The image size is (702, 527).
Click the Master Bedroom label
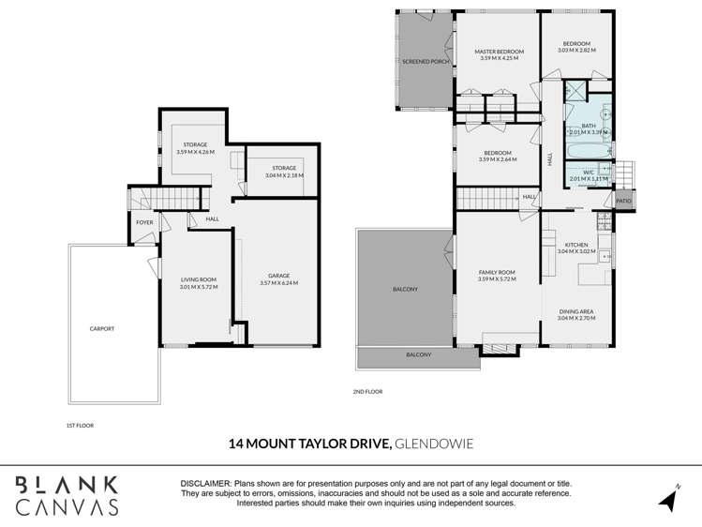coord(499,52)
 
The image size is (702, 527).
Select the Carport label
coord(102,329)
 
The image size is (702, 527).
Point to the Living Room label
coord(199,279)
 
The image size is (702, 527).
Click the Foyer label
coord(144,222)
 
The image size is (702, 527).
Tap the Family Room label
coord(497,272)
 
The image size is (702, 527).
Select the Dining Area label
coord(576,311)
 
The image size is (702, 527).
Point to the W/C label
coord(589,172)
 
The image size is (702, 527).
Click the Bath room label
coord(589,126)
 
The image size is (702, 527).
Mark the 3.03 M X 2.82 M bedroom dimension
coord(576,51)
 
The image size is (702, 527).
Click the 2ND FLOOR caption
coord(368,391)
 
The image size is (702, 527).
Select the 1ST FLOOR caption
coord(80,425)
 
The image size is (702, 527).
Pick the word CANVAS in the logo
coord(67,506)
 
